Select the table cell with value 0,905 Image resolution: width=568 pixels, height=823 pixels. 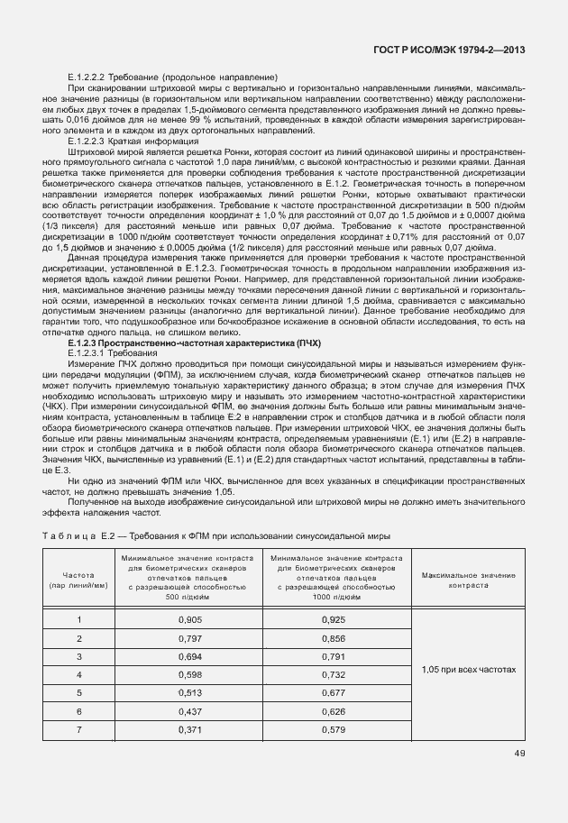189,620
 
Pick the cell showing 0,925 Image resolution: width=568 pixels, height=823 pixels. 333,620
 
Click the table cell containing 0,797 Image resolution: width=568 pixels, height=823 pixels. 189,638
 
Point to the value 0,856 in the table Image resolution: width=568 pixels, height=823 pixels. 333,638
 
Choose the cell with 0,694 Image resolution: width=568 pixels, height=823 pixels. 189,656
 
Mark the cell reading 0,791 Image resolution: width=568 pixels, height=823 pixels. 333,656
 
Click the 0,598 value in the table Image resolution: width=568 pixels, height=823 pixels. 189,674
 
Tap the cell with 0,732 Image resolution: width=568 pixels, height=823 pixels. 333,674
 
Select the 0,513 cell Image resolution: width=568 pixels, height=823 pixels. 189,692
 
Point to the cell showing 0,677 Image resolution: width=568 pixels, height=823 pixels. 333,692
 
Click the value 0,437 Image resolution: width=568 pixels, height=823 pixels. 189,710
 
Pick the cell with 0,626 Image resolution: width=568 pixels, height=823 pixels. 333,710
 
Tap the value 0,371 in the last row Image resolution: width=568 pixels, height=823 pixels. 189,728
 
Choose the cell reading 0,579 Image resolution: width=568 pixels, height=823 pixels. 333,728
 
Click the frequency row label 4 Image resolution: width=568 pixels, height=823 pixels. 79,674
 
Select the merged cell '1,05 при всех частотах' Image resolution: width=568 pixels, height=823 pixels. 469,671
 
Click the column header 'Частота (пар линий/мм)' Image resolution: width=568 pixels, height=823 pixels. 79,580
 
